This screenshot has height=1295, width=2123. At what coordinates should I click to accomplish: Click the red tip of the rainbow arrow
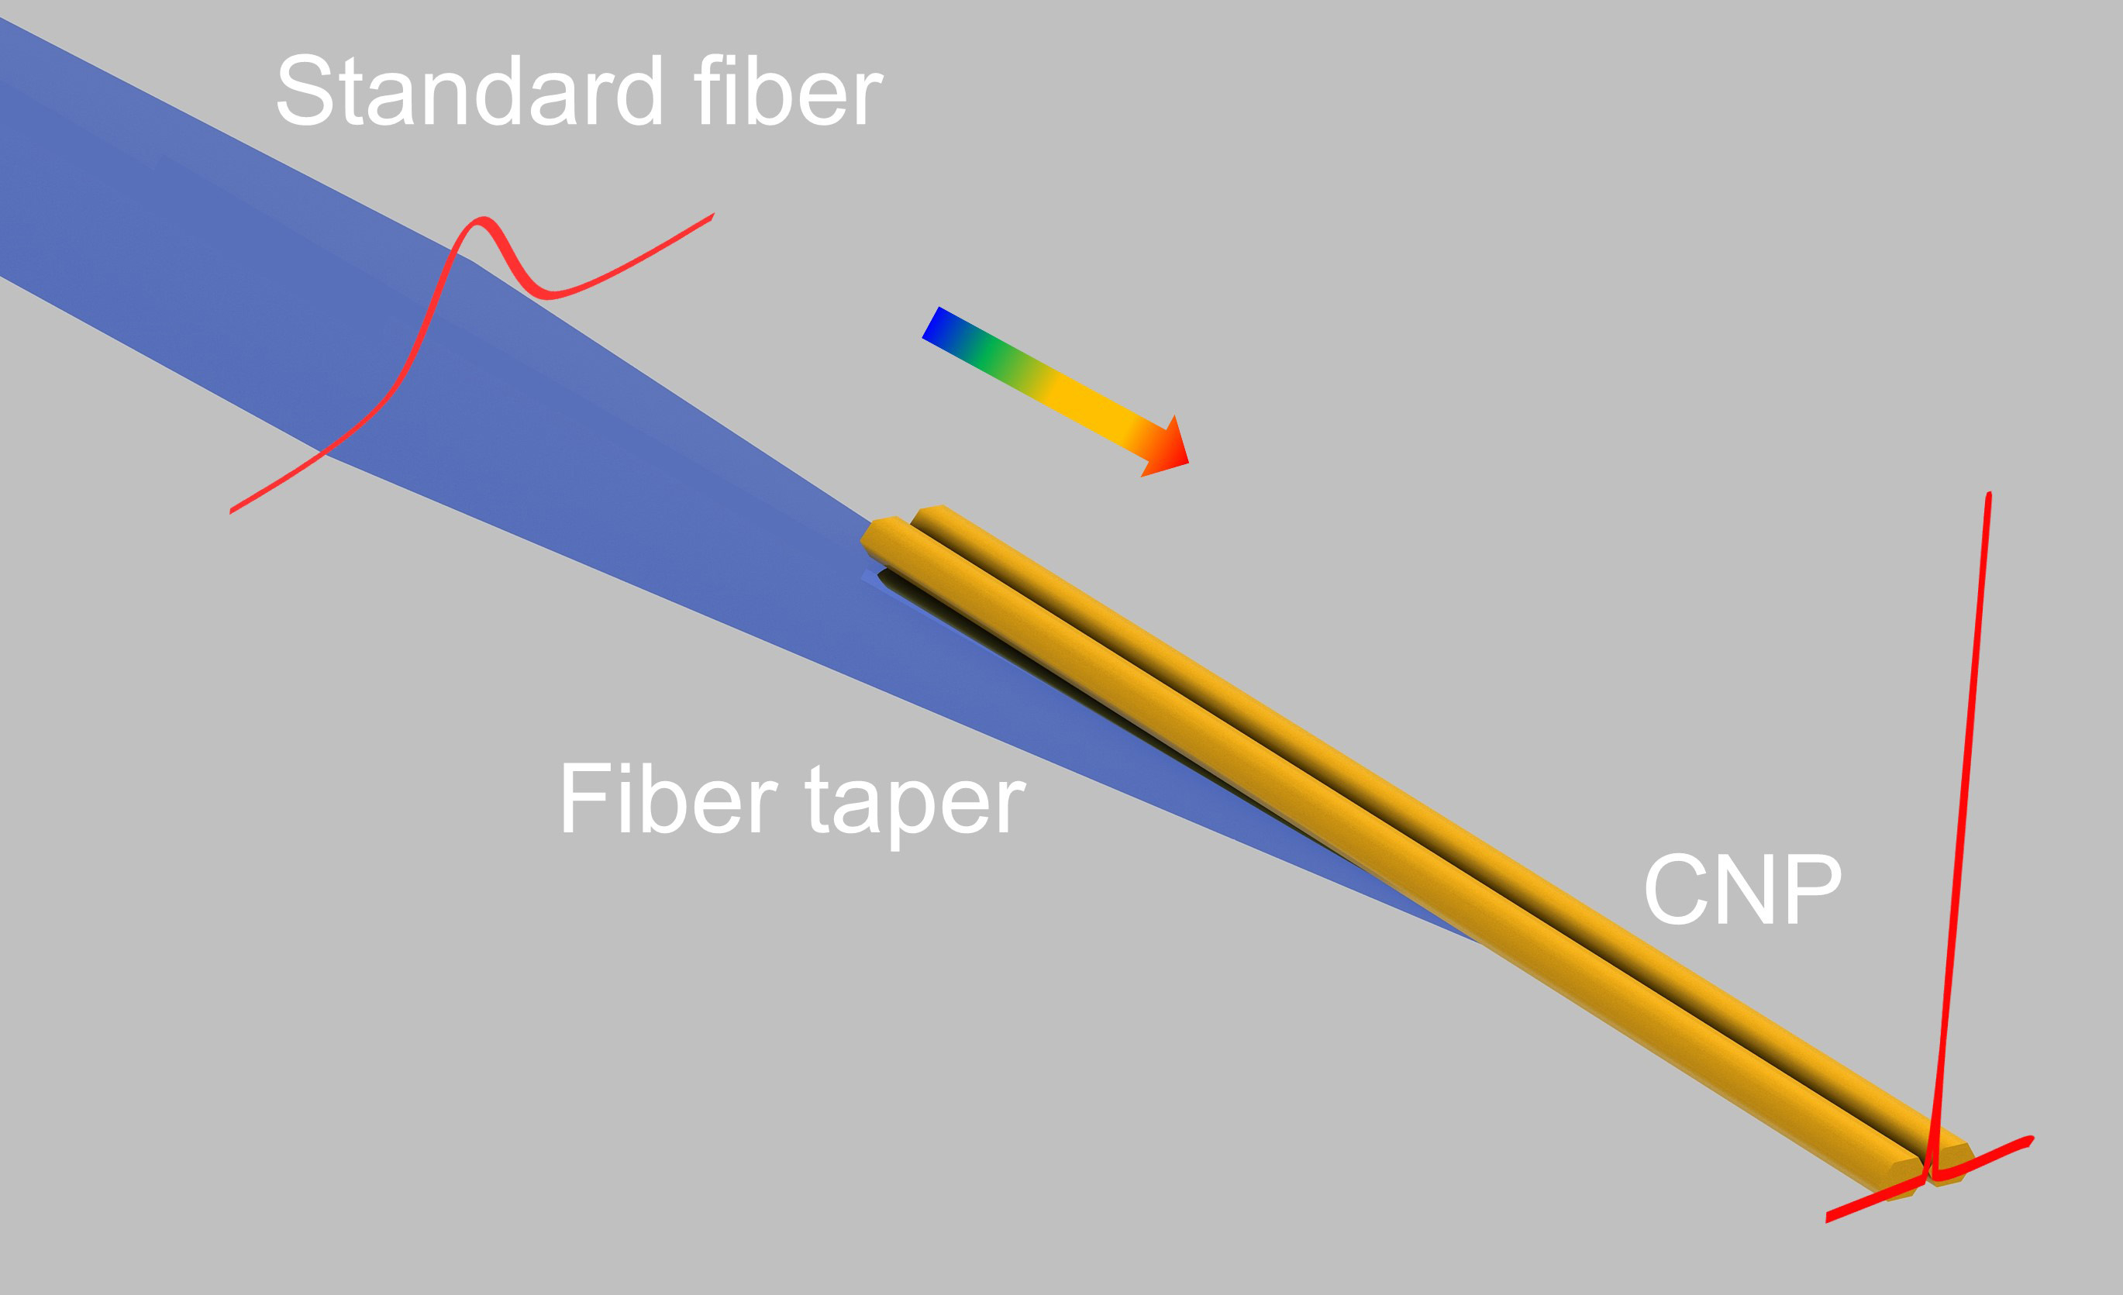[x=1187, y=462]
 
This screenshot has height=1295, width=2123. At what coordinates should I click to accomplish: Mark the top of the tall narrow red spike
[x=1989, y=494]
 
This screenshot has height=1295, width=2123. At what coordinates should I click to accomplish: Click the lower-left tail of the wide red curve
[x=231, y=511]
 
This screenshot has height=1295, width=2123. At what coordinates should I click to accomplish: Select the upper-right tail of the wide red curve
[x=712, y=215]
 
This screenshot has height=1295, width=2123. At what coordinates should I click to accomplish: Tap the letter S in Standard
[x=305, y=91]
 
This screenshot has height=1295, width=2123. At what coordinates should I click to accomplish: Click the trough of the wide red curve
[x=548, y=294]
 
